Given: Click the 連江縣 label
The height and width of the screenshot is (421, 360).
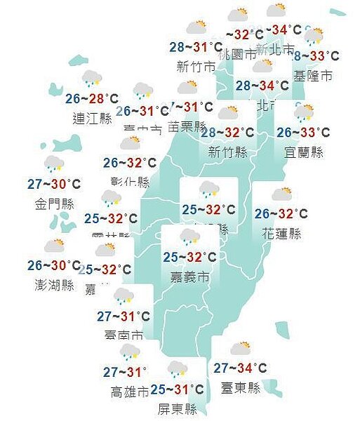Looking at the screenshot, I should coord(93,118).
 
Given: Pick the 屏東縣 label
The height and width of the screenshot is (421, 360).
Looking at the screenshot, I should coord(177,409).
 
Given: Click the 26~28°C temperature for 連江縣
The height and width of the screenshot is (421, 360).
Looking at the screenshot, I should coord(92,99).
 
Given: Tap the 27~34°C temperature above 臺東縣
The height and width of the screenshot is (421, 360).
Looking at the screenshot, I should coord(241,368).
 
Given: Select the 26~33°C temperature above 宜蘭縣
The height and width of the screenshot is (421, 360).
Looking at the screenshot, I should coord(303,133).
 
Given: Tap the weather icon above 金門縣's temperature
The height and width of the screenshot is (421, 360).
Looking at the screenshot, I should coord(54,165).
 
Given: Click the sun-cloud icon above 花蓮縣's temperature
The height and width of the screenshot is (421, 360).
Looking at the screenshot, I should coord(282,194).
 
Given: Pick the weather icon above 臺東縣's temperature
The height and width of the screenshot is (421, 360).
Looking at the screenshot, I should coord(241,349).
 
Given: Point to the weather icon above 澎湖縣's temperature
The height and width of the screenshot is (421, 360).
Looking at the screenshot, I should coord(54,246).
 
